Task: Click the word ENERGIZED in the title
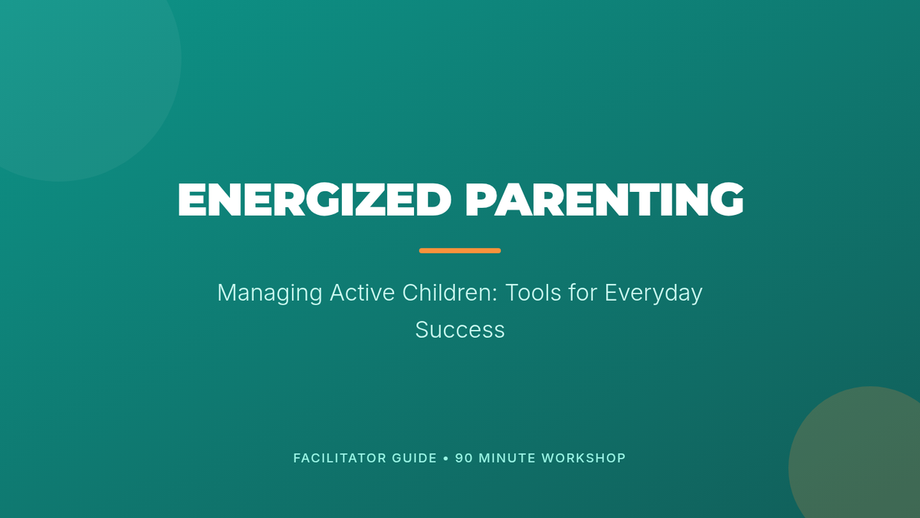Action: coord(314,200)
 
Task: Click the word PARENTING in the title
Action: coord(605,200)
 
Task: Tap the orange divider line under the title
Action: coord(460,251)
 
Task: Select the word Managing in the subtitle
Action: coord(270,293)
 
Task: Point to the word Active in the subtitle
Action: coord(362,292)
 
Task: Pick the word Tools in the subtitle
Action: coord(533,292)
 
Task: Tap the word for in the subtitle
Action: coord(583,292)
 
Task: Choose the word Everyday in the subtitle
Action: coord(653,293)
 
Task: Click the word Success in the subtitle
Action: coord(460,330)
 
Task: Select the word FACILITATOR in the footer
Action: coord(340,458)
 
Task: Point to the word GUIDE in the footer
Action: coord(415,458)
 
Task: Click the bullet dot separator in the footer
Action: coord(446,458)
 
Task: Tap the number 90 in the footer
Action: coord(464,458)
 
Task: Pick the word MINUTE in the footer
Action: coord(508,458)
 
